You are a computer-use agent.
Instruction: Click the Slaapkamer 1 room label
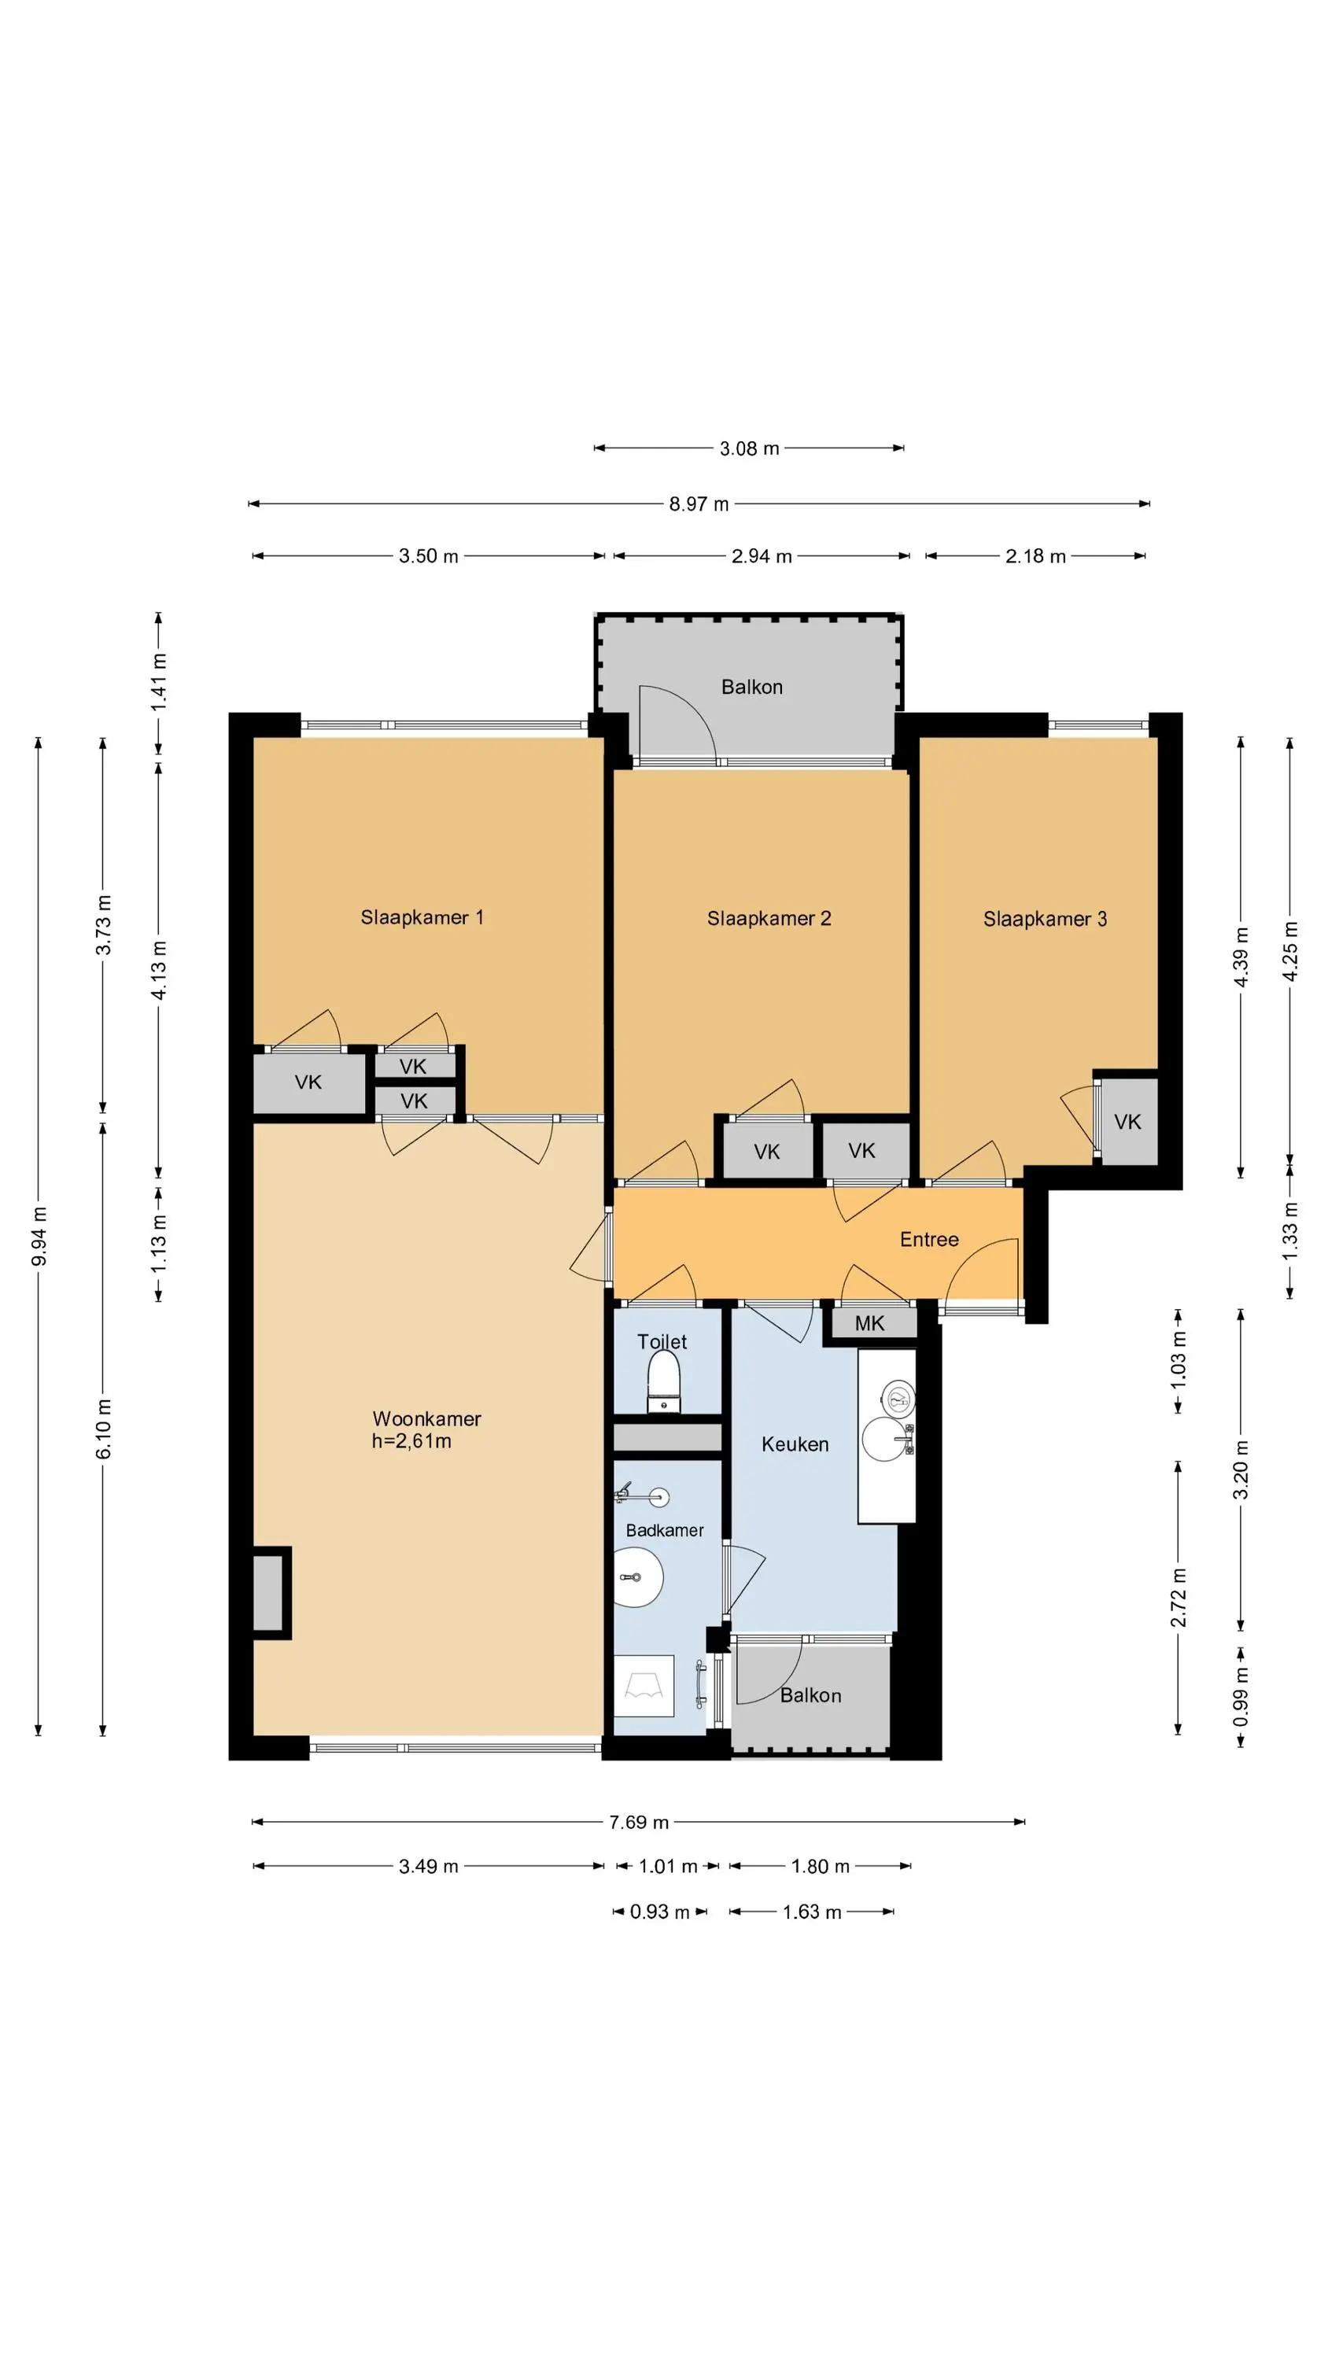(422, 917)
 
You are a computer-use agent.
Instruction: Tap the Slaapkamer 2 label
(769, 918)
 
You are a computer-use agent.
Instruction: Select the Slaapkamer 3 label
(1045, 919)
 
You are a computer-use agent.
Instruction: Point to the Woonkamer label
(426, 1419)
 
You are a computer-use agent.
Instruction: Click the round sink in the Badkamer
(638, 1577)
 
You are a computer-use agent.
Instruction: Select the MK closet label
(870, 1323)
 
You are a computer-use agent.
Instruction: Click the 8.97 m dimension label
(699, 504)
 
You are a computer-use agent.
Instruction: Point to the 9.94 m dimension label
(39, 1237)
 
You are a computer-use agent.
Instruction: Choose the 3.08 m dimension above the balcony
(750, 448)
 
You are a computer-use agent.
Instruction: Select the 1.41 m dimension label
(160, 681)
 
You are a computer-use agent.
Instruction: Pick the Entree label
(929, 1240)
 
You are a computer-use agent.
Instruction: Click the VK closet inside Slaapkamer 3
(1128, 1121)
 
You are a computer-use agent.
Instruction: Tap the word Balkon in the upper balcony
(751, 687)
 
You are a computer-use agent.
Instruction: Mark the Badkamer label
(665, 1530)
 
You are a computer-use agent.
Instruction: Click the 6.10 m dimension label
(104, 1429)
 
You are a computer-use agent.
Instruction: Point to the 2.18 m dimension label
(1035, 556)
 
